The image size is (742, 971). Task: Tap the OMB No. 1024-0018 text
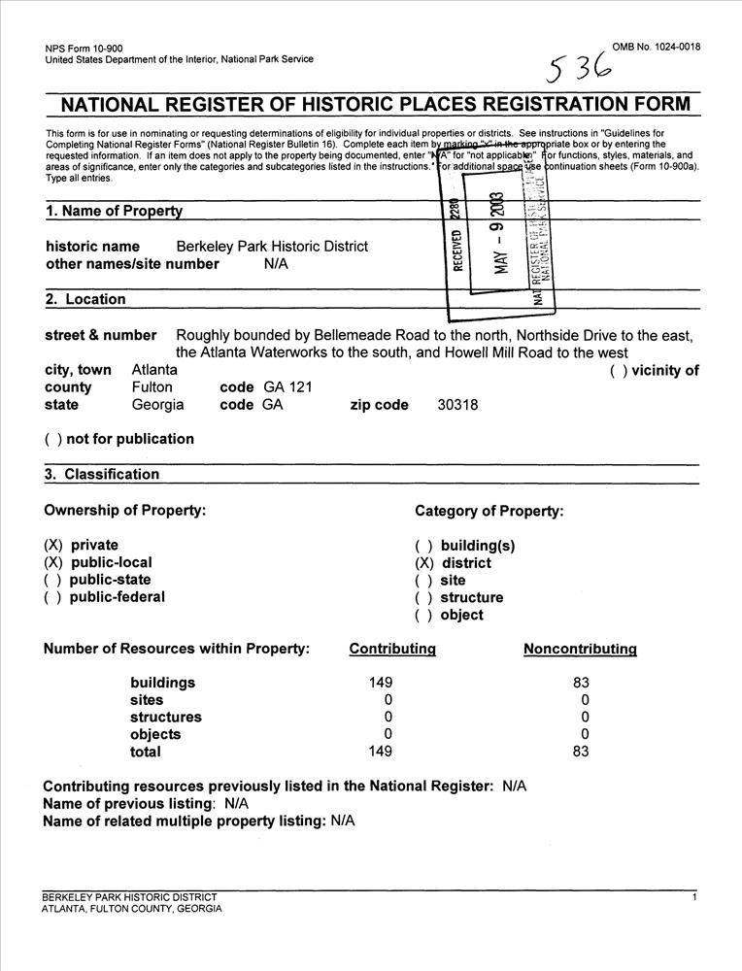657,48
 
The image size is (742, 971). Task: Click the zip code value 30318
458,405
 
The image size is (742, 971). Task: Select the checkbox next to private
53,546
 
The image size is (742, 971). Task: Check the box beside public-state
53,581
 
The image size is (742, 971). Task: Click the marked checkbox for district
423,563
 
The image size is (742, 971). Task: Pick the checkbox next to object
423,616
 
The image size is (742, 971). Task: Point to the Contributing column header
392,649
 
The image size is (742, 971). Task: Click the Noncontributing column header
580,649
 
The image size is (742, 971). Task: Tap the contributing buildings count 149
381,683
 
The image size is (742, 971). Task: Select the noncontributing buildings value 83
581,683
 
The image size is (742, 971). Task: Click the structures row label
166,718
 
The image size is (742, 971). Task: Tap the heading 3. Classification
102,475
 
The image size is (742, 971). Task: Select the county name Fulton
152,387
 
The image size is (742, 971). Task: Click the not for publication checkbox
53,439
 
